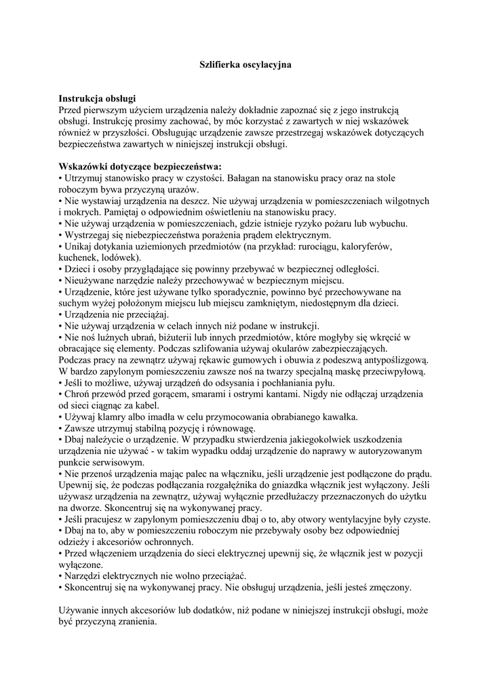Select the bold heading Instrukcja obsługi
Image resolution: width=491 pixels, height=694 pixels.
point(98,99)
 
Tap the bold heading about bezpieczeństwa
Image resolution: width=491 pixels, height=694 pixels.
point(140,167)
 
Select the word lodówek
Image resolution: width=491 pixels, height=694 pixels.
point(121,258)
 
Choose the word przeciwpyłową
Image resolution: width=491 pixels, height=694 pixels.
point(393,372)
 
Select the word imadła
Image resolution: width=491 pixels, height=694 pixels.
point(173,417)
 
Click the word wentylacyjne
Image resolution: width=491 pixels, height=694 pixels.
point(344,520)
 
